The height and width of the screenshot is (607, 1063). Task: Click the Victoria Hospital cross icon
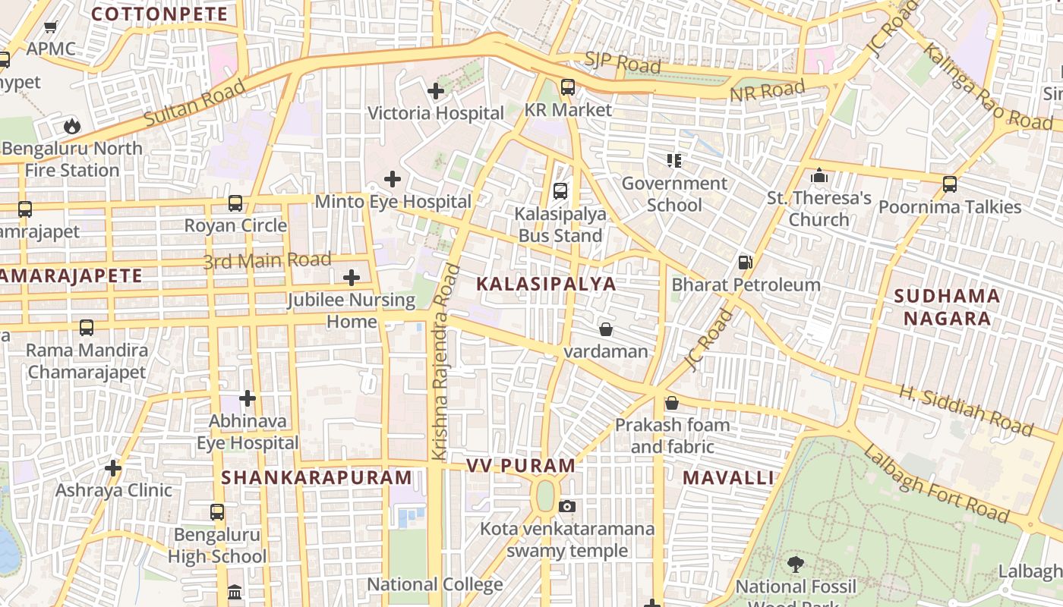pyautogui.click(x=435, y=91)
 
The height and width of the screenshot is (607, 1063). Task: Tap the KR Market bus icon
pyautogui.click(x=567, y=87)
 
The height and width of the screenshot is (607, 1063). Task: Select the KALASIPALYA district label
pyautogui.click(x=546, y=285)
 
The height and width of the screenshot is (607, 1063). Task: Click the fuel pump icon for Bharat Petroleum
pyautogui.click(x=746, y=263)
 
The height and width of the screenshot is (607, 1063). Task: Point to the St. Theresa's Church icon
pyautogui.click(x=819, y=176)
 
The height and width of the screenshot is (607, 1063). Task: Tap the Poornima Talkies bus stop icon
pyautogui.click(x=949, y=184)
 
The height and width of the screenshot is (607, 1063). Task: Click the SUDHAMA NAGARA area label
pyautogui.click(x=947, y=307)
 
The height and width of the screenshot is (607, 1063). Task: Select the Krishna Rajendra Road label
pyautogui.click(x=445, y=362)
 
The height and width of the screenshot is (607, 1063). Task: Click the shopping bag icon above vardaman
pyautogui.click(x=605, y=329)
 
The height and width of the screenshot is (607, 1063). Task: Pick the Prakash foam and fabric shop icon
pyautogui.click(x=671, y=403)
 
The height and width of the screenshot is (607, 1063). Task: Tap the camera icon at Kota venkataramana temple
pyautogui.click(x=566, y=506)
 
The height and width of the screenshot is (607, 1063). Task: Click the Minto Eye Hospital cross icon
pyautogui.click(x=392, y=179)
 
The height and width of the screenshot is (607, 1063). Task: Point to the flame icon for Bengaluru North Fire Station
pyautogui.click(x=71, y=125)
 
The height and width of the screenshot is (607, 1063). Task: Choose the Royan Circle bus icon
pyautogui.click(x=235, y=203)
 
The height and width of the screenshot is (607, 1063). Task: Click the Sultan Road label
pyautogui.click(x=194, y=102)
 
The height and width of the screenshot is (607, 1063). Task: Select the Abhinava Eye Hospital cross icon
pyautogui.click(x=247, y=398)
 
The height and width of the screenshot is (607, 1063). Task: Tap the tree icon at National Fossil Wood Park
pyautogui.click(x=795, y=564)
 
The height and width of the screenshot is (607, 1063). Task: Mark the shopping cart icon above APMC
pyautogui.click(x=51, y=27)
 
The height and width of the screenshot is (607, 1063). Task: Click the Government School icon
pyautogui.click(x=673, y=160)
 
